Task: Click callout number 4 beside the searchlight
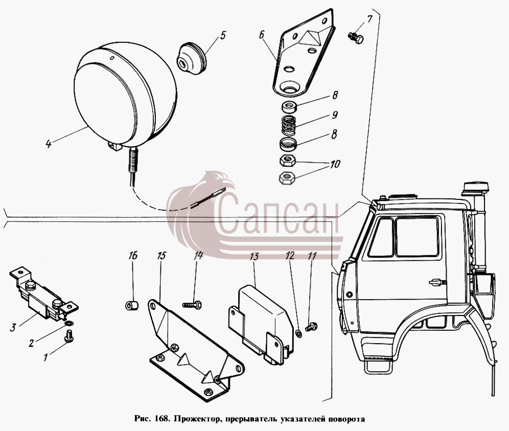[x=49, y=144]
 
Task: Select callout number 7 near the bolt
[x=369, y=19]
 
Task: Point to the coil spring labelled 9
[x=289, y=126]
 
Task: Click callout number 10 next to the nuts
[x=335, y=164]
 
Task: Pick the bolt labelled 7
[x=356, y=37]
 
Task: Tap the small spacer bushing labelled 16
[x=132, y=305]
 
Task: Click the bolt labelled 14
[x=192, y=305]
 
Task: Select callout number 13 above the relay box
[x=254, y=256]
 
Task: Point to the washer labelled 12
[x=299, y=333]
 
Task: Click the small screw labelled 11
[x=311, y=327]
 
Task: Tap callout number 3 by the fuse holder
[x=13, y=327]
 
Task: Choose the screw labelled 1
[x=69, y=336]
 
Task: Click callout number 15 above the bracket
[x=161, y=256]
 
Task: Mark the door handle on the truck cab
[x=436, y=282]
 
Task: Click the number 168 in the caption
[x=161, y=418]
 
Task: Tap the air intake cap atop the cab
[x=476, y=188]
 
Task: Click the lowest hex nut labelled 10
[x=287, y=177]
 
